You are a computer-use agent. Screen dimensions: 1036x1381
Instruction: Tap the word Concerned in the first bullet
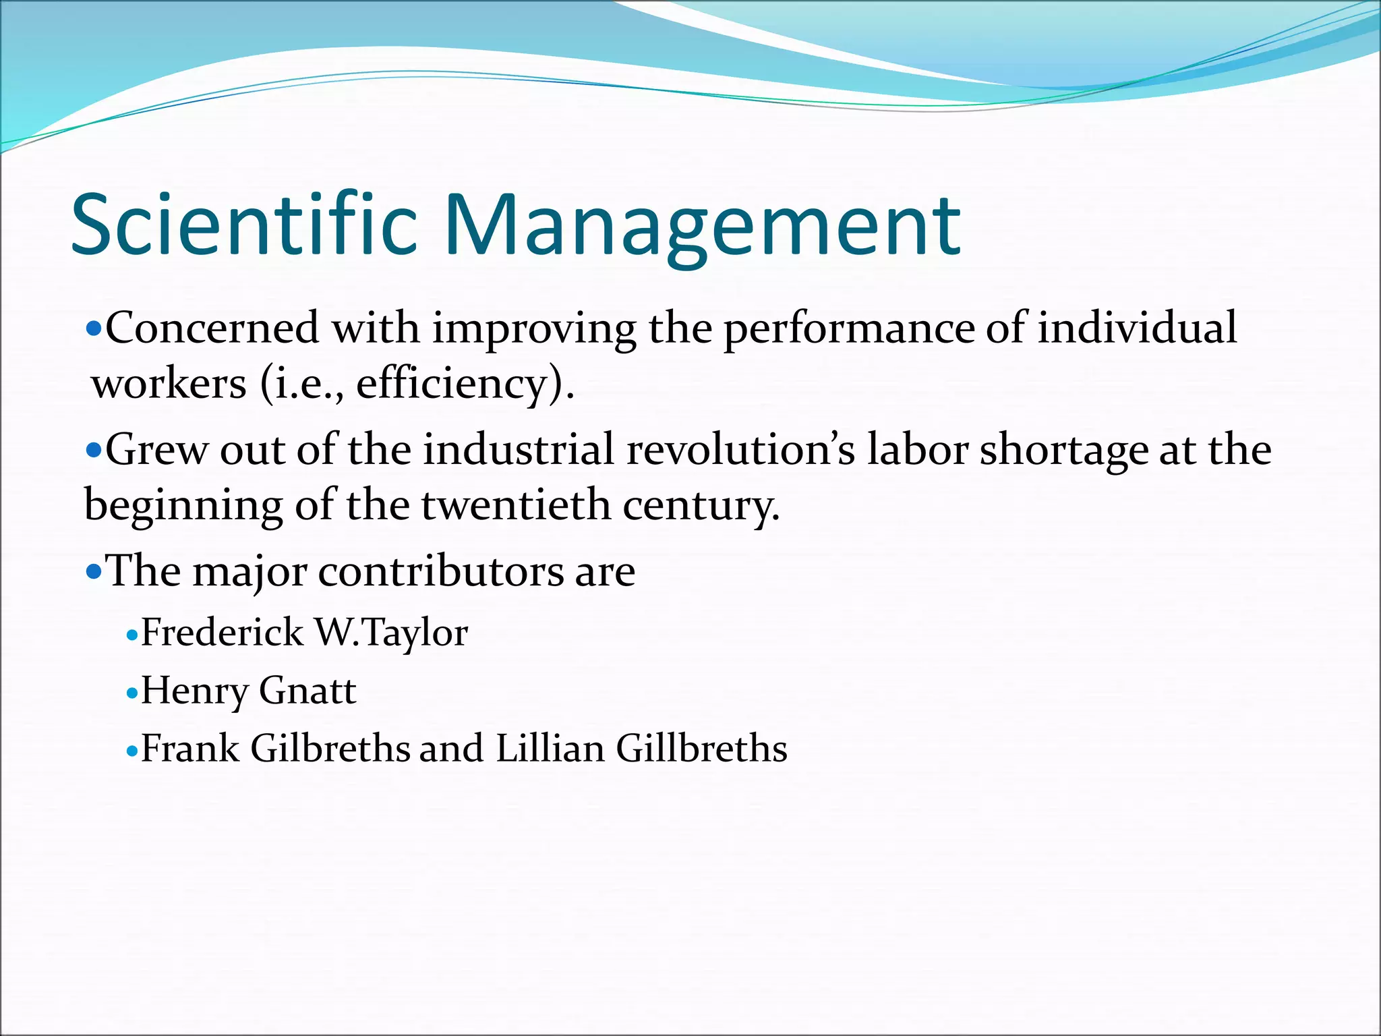[212, 328]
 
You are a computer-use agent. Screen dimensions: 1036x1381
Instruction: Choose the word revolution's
[741, 450]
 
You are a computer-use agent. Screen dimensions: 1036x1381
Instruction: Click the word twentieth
[516, 505]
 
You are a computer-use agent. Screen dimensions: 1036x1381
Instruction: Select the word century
[701, 507]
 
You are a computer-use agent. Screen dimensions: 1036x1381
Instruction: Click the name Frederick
[222, 633]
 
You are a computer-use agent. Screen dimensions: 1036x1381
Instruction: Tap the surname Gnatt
[307, 691]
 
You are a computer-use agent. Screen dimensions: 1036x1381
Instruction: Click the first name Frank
[190, 749]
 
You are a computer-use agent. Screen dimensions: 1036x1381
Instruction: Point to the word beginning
[183, 507]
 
